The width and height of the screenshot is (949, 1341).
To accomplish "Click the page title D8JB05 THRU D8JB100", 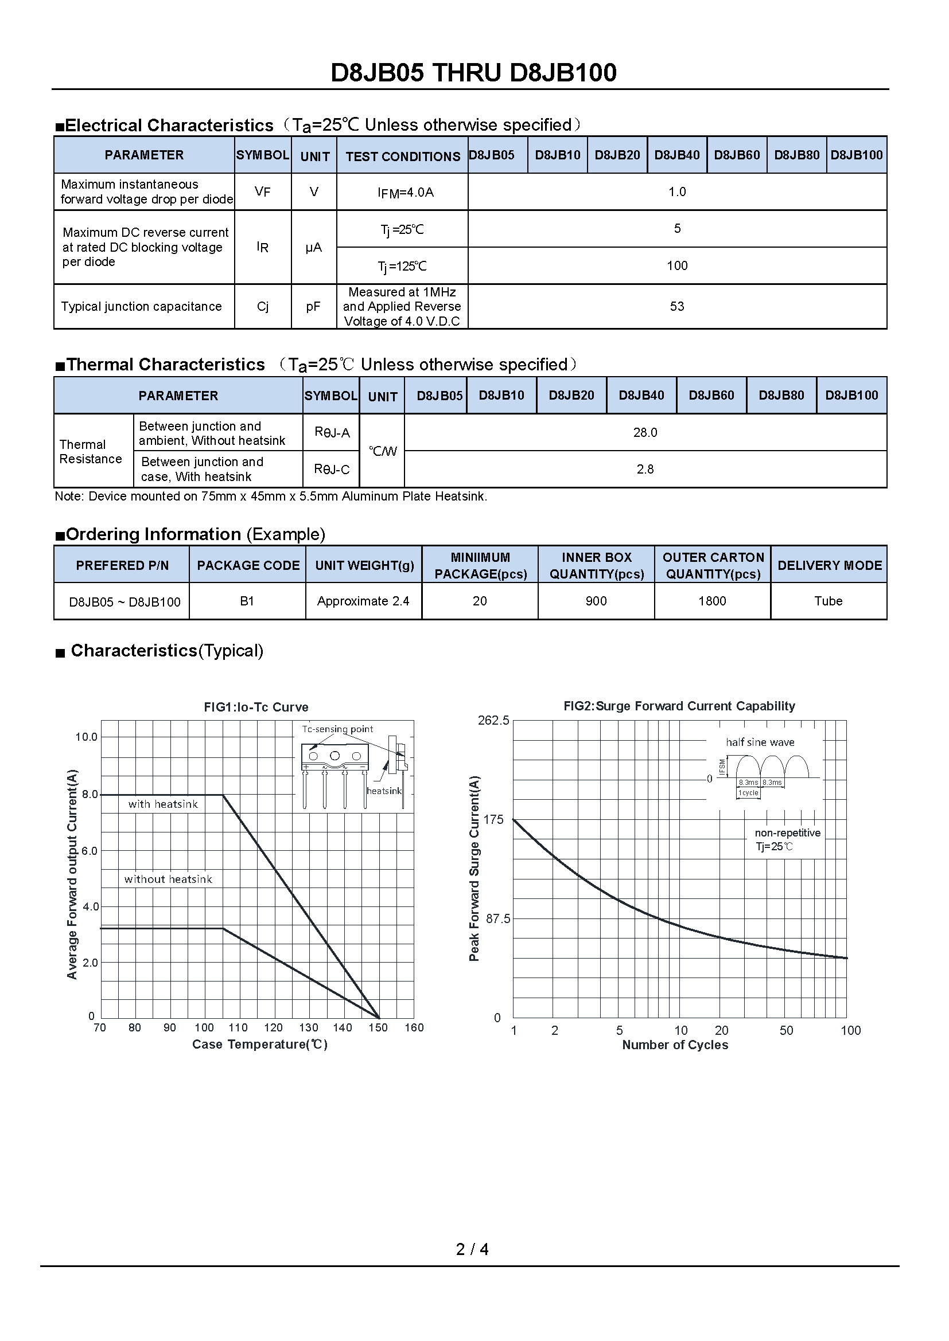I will (473, 73).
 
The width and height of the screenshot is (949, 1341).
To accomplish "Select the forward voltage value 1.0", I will (676, 191).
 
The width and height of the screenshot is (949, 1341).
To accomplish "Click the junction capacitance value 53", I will (676, 307).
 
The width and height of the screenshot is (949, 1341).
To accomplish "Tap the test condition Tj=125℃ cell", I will (402, 267).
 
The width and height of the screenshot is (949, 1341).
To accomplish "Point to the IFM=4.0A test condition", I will (406, 192).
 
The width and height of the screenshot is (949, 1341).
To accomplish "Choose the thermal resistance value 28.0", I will (645, 433).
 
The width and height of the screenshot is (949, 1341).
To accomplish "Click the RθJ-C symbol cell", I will (331, 470).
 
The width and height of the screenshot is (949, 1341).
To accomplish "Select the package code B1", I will (247, 601).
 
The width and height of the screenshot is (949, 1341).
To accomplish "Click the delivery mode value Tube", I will (828, 601).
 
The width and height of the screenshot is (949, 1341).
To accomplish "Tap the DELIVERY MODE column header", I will (829, 565).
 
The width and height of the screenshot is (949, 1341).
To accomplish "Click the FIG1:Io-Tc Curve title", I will (256, 707).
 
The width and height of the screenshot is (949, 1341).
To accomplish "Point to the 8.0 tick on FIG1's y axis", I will (90, 794).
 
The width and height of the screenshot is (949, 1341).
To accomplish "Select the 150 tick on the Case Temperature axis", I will (378, 1028).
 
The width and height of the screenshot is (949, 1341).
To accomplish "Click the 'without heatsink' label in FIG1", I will (168, 879).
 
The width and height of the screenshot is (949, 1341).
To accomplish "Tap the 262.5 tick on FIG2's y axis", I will (493, 721).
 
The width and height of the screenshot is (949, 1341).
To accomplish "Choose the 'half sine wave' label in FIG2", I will (760, 742).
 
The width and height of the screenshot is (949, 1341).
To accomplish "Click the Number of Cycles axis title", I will (675, 1046).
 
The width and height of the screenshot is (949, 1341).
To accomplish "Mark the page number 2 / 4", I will (472, 1249).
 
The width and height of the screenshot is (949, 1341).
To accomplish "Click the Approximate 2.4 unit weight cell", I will (363, 601).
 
